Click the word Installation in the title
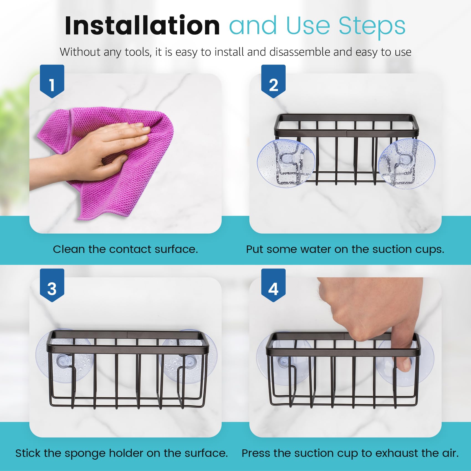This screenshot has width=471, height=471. [142, 25]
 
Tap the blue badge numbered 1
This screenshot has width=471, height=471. [52, 81]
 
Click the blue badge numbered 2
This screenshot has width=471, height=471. [273, 81]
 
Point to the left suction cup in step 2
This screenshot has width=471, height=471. [286, 163]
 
